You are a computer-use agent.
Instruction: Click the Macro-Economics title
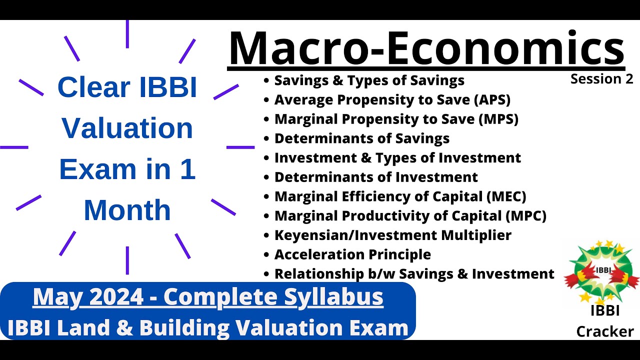click(x=426, y=48)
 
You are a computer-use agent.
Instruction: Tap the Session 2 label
click(x=601, y=79)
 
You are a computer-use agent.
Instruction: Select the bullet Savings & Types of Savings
click(x=369, y=80)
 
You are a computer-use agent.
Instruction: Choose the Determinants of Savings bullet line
click(x=361, y=138)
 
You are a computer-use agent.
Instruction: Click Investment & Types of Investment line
click(x=397, y=158)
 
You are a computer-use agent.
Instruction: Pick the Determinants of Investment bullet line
click(x=376, y=177)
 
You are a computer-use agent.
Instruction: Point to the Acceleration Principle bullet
click(x=352, y=254)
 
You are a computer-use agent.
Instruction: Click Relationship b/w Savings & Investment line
click(x=414, y=274)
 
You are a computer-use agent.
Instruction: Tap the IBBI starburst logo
click(x=601, y=272)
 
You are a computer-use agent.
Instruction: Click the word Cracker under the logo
click(x=605, y=331)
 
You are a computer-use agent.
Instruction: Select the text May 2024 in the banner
click(x=89, y=297)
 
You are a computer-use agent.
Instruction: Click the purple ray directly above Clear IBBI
click(x=127, y=34)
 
